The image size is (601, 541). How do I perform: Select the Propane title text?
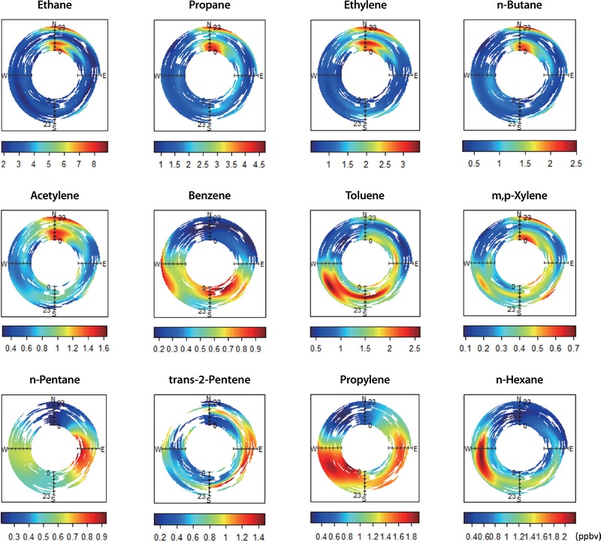(209, 10)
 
